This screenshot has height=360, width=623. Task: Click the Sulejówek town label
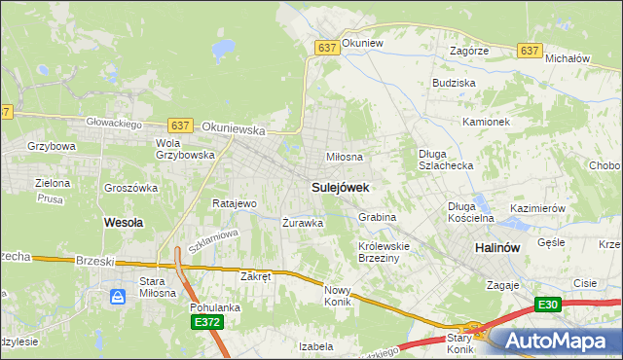(340, 185)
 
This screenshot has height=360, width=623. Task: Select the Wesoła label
(124, 222)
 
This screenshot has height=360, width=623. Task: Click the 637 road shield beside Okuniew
(327, 47)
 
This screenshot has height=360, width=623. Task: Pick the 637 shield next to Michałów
(530, 51)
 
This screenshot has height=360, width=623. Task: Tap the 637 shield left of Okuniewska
(180, 126)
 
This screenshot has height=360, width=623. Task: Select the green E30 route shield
(549, 306)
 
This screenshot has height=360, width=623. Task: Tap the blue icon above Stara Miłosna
(118, 297)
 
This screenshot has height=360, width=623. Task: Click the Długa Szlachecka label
(446, 160)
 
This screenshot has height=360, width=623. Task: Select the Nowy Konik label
(337, 296)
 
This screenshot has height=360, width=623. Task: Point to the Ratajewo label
(234, 203)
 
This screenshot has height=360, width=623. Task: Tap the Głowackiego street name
(115, 124)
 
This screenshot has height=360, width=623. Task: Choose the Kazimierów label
(538, 208)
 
